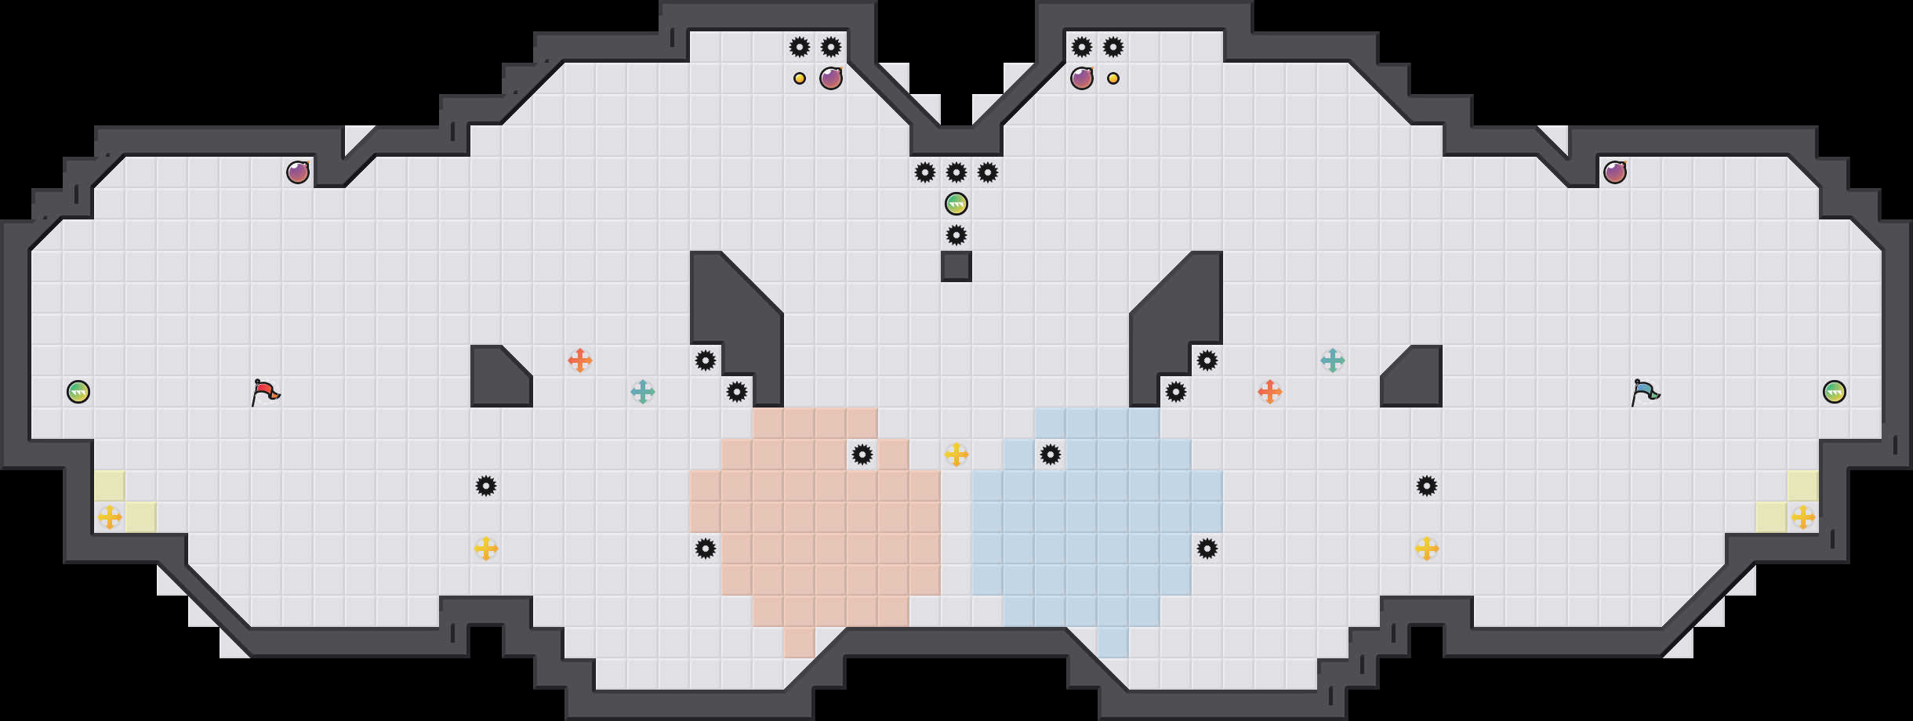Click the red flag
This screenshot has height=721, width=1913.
click(x=265, y=392)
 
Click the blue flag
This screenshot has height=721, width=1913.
click(x=1645, y=392)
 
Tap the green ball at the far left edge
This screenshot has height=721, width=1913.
click(x=78, y=392)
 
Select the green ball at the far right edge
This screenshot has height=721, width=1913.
click(x=1835, y=392)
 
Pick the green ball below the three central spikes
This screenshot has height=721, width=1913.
click(x=956, y=204)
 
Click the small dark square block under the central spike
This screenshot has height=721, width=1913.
click(x=956, y=266)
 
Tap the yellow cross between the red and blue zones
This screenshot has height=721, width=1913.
click(x=956, y=455)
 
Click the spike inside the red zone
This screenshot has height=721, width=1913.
click(x=862, y=455)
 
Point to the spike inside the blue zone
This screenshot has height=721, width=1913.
click(x=1051, y=455)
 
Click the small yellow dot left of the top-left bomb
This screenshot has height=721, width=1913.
click(x=800, y=78)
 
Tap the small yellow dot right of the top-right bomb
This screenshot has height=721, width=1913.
click(x=1113, y=78)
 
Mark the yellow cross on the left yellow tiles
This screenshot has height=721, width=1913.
click(x=110, y=517)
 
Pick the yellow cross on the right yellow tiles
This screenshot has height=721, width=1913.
click(x=1803, y=517)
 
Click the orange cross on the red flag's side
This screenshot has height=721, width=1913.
click(x=580, y=360)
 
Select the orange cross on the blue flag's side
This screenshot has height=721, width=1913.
click(x=1270, y=392)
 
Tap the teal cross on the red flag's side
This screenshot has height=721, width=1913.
click(x=643, y=392)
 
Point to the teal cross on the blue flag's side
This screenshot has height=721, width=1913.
click(x=1333, y=360)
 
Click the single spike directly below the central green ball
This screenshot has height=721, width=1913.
click(x=956, y=235)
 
